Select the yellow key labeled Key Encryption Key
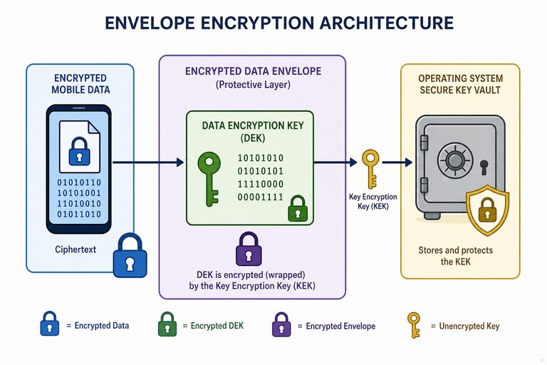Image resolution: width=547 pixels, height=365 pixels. click(x=371, y=168)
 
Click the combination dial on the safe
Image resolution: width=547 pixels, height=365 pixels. click(x=455, y=160)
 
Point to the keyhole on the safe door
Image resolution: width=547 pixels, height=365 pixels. click(x=484, y=167)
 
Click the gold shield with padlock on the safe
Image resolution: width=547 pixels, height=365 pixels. click(x=488, y=210)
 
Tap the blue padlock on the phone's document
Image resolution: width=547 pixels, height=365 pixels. click(x=79, y=151)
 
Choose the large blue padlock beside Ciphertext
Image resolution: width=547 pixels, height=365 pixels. click(x=130, y=255)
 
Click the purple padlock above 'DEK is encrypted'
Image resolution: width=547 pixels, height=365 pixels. click(x=249, y=248)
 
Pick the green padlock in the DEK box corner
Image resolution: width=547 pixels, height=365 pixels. click(x=298, y=208)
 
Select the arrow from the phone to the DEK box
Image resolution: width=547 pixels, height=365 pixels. click(x=148, y=162)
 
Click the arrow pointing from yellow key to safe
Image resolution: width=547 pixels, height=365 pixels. click(x=397, y=162)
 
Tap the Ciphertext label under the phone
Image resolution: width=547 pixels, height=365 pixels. click(x=75, y=250)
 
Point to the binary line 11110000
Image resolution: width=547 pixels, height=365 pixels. click(x=261, y=184)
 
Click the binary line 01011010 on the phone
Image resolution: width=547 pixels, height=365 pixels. click(x=79, y=214)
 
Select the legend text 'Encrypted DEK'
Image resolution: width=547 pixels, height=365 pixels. click(x=217, y=326)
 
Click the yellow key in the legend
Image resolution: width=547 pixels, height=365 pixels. click(x=414, y=325)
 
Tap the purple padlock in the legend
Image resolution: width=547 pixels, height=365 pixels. click(x=281, y=324)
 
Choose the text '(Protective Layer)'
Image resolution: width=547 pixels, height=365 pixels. click(x=253, y=85)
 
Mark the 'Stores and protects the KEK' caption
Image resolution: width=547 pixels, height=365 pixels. click(x=456, y=256)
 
